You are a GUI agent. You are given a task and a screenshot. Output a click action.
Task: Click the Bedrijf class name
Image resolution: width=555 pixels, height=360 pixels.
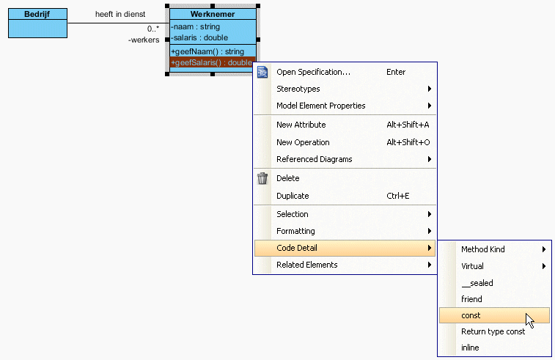[x=37, y=14]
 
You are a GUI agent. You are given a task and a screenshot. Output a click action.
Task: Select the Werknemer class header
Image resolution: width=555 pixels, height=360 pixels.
[x=213, y=14]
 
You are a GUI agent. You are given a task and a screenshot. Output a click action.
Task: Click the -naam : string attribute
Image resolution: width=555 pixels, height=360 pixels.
[x=195, y=27]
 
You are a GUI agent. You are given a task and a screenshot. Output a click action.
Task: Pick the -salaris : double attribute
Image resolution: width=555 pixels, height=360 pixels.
[x=199, y=38]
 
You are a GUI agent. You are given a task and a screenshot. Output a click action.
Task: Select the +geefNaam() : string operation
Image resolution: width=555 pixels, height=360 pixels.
[x=207, y=51]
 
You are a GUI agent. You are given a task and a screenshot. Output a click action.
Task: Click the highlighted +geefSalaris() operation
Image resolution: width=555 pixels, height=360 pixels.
[x=213, y=62]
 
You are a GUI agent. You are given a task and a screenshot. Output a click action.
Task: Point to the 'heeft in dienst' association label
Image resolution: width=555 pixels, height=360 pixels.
[x=120, y=14]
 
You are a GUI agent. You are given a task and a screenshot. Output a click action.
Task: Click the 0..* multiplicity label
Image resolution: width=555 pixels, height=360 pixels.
[x=153, y=29]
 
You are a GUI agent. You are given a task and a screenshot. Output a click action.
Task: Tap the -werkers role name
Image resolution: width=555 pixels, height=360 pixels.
[x=144, y=40]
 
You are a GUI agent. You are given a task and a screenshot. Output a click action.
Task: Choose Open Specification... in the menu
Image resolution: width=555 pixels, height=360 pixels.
[x=313, y=72]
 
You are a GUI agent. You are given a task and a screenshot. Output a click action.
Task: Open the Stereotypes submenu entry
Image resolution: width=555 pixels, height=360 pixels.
[x=298, y=89]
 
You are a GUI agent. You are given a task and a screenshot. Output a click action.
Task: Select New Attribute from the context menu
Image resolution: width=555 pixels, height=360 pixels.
[x=301, y=125]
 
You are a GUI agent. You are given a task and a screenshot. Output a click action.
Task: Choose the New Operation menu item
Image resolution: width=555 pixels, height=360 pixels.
[x=303, y=142]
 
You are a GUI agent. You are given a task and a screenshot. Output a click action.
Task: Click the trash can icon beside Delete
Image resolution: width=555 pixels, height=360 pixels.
[x=262, y=178]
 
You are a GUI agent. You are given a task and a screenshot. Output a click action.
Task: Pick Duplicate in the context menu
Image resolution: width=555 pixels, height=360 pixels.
[x=293, y=196]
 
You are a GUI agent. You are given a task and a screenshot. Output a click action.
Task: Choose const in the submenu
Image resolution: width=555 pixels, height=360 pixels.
[x=471, y=315]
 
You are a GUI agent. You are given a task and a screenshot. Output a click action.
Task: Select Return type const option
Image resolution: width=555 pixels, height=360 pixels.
[x=493, y=331]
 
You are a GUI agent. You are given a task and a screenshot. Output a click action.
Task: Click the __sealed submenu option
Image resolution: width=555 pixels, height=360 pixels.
[x=477, y=283]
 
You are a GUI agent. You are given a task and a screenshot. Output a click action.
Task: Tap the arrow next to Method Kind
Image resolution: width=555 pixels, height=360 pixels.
[x=544, y=249]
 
